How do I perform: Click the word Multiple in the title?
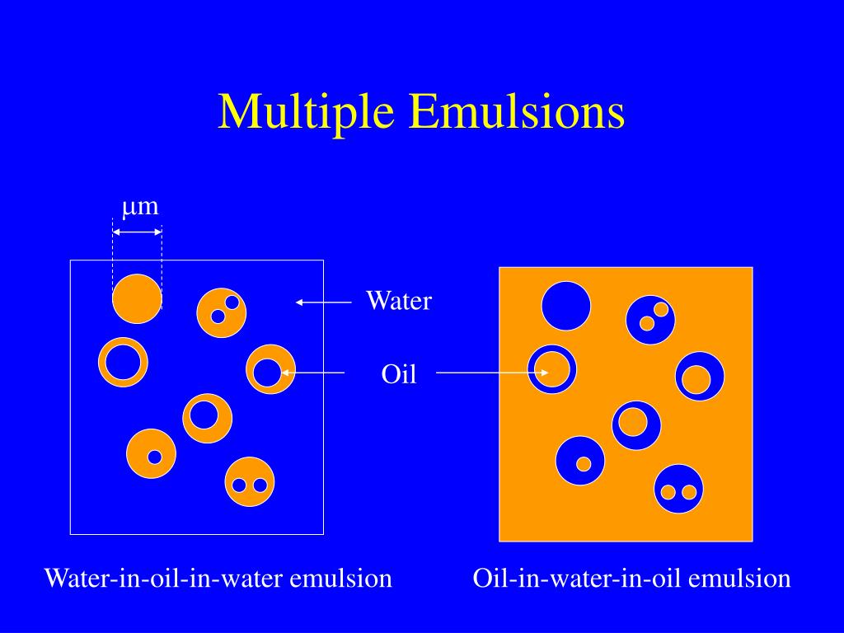(x=306, y=112)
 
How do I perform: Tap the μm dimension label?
(x=140, y=206)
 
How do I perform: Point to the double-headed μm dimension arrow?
(x=138, y=232)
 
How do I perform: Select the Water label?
(x=398, y=301)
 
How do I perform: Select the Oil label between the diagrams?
(x=399, y=375)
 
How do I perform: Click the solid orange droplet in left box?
(x=138, y=298)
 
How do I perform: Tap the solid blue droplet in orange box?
(x=566, y=305)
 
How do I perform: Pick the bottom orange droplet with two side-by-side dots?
(x=250, y=482)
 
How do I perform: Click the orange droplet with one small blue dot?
(x=152, y=453)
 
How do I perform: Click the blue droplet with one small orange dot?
(x=580, y=461)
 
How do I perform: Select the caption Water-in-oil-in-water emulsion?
(x=218, y=579)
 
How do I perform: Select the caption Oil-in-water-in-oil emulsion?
(x=631, y=579)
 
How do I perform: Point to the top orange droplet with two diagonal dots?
(x=222, y=312)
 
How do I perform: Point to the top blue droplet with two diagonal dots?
(x=651, y=319)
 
